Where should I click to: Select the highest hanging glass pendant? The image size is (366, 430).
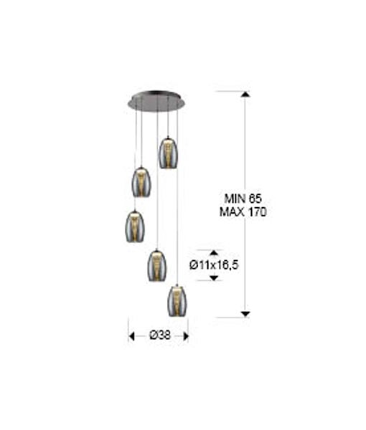(168, 153)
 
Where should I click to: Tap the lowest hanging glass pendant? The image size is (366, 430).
(177, 301)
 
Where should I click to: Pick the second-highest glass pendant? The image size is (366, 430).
(141, 182)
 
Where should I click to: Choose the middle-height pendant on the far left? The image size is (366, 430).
(135, 226)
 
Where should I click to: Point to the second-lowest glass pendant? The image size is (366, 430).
(156, 265)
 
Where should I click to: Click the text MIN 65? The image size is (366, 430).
(243, 199)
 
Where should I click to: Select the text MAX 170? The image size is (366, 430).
(243, 212)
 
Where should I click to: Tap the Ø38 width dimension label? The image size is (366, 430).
(160, 335)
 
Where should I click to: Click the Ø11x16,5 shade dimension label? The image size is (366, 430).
(214, 265)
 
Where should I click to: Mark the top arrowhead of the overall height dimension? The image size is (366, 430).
(245, 95)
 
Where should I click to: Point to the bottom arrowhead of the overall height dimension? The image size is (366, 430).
(245, 314)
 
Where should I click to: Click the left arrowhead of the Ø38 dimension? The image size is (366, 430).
(131, 336)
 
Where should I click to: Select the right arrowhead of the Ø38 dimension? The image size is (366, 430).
(186, 336)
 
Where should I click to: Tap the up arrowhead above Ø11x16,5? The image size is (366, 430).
(214, 252)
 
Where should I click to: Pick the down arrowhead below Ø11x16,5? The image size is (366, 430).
(214, 278)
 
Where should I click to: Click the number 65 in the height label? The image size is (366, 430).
(255, 199)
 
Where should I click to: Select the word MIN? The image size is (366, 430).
(235, 199)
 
